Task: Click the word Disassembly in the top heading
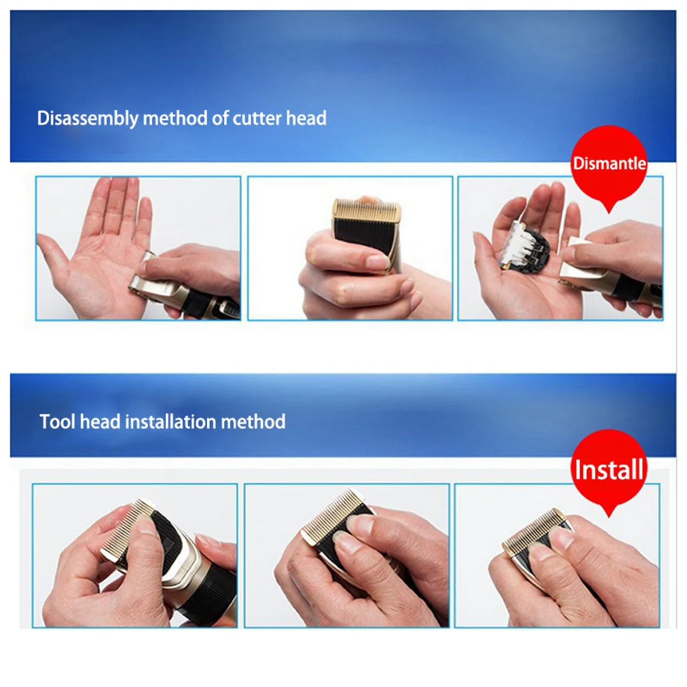click(x=88, y=119)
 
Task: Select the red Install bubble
click(x=609, y=469)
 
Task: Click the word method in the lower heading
click(x=253, y=422)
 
